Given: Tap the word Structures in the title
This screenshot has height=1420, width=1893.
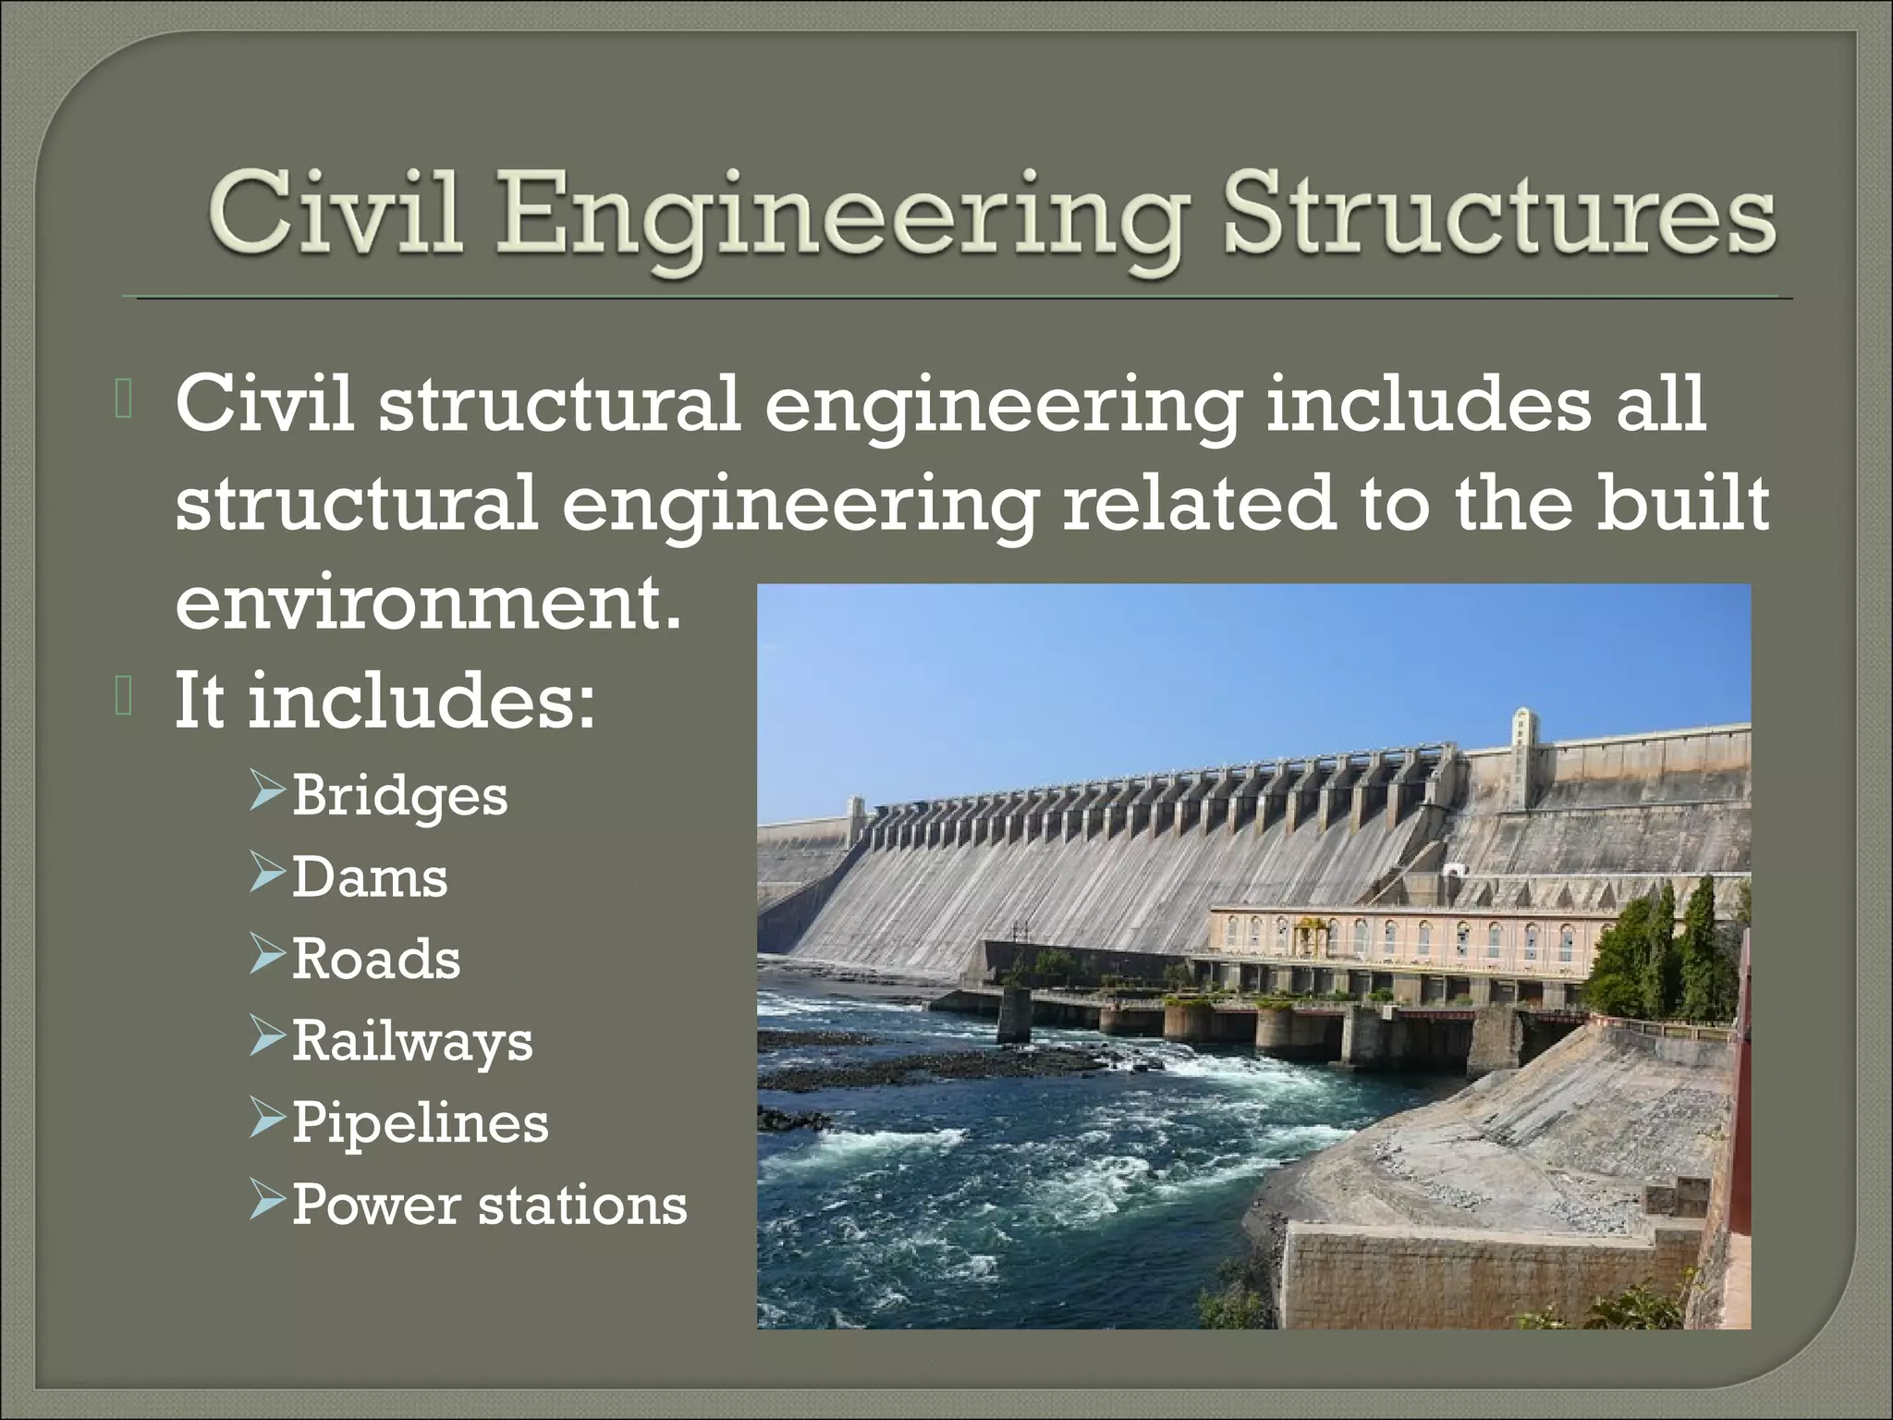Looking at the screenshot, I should click(1498, 214).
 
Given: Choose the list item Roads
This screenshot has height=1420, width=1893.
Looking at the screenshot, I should click(376, 959).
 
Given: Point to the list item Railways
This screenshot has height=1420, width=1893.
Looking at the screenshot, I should click(412, 1042).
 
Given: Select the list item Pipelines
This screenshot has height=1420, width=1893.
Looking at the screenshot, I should click(421, 1123).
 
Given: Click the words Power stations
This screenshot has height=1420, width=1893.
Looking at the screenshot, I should click(490, 1205).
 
